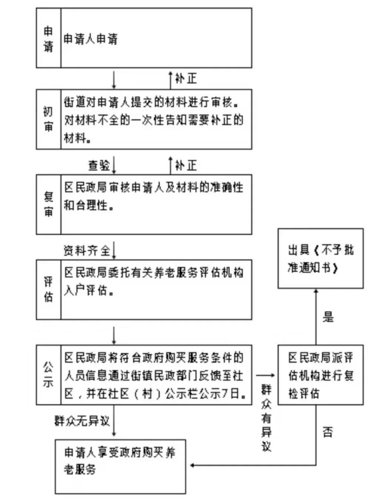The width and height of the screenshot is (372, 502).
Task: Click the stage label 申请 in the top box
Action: pos(48,38)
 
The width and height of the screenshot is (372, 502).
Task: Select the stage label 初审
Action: pos(48,119)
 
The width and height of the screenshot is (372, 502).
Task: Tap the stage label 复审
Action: pos(48,204)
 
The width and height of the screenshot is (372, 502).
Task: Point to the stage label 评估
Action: pos(48,289)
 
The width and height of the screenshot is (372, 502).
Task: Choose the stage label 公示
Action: pos(48,375)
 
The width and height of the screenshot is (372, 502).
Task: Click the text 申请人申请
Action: pos(90,39)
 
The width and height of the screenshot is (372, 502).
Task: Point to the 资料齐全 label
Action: pos(87,251)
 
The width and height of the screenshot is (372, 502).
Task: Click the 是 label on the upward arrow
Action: pos(328,317)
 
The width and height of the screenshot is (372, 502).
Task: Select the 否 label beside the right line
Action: pos(328,432)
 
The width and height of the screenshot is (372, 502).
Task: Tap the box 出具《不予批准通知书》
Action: pos(320,259)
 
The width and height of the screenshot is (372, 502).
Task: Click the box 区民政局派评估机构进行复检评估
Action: pos(320,375)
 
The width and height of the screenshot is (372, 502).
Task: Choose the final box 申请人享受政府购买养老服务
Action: pos(120,466)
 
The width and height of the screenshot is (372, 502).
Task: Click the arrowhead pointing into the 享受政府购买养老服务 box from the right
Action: pos(192,465)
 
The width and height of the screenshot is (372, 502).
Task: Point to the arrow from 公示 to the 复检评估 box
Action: pos(265,375)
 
